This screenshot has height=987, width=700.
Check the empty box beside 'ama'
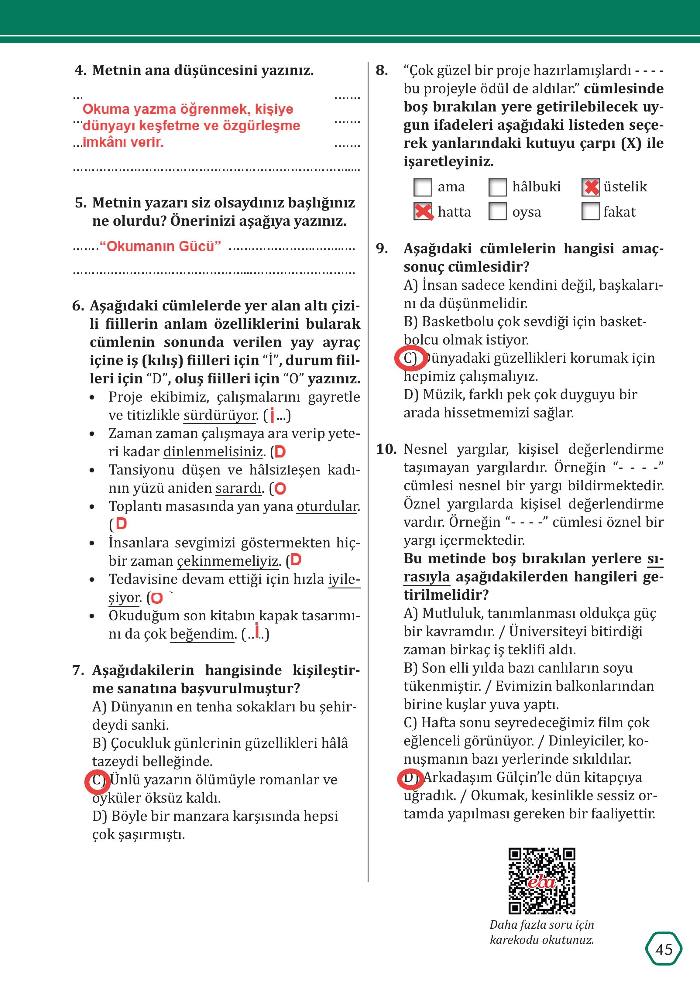pyautogui.click(x=422, y=187)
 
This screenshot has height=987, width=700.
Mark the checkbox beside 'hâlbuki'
pyautogui.click(x=497, y=187)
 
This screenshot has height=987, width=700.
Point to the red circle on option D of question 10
pyautogui.click(x=410, y=778)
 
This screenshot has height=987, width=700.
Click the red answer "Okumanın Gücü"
pyautogui.click(x=160, y=247)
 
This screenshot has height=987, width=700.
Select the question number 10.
pyautogui.click(x=386, y=449)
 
